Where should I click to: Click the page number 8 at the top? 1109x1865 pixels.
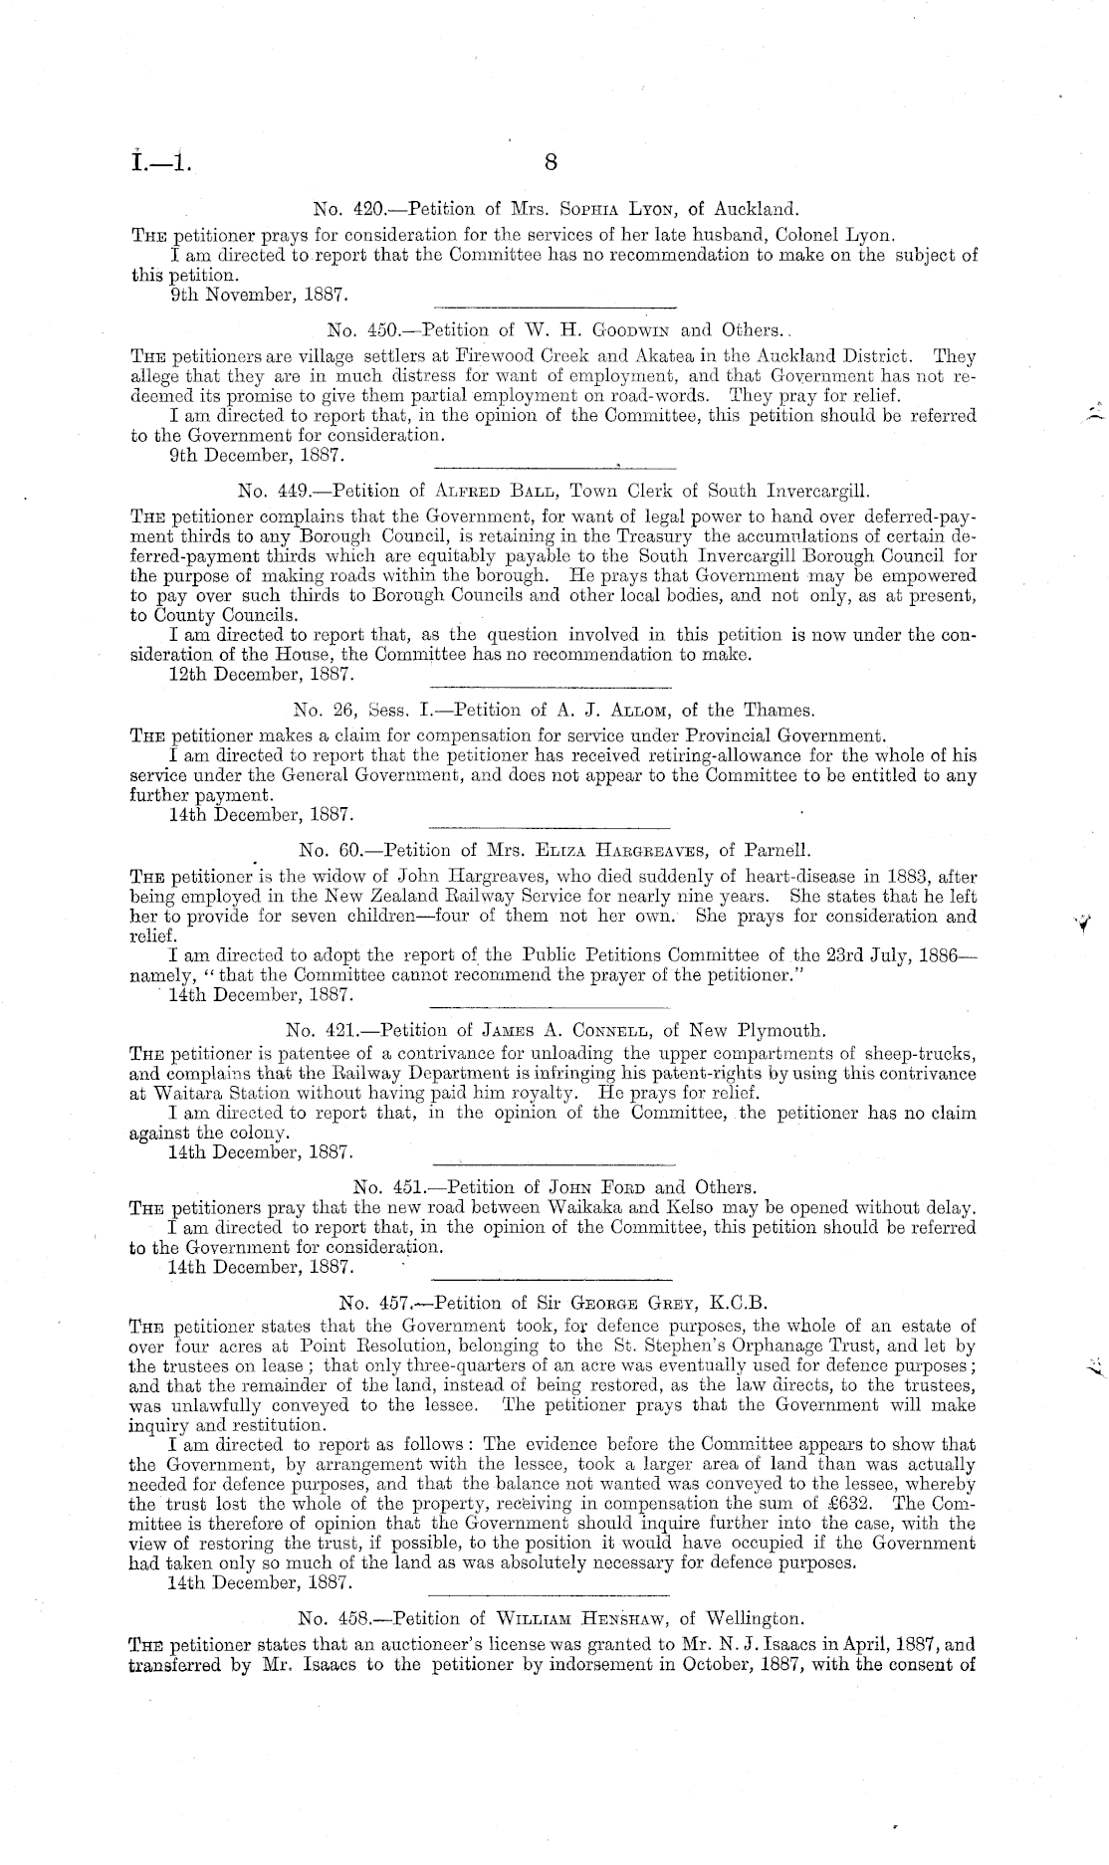(x=554, y=162)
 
